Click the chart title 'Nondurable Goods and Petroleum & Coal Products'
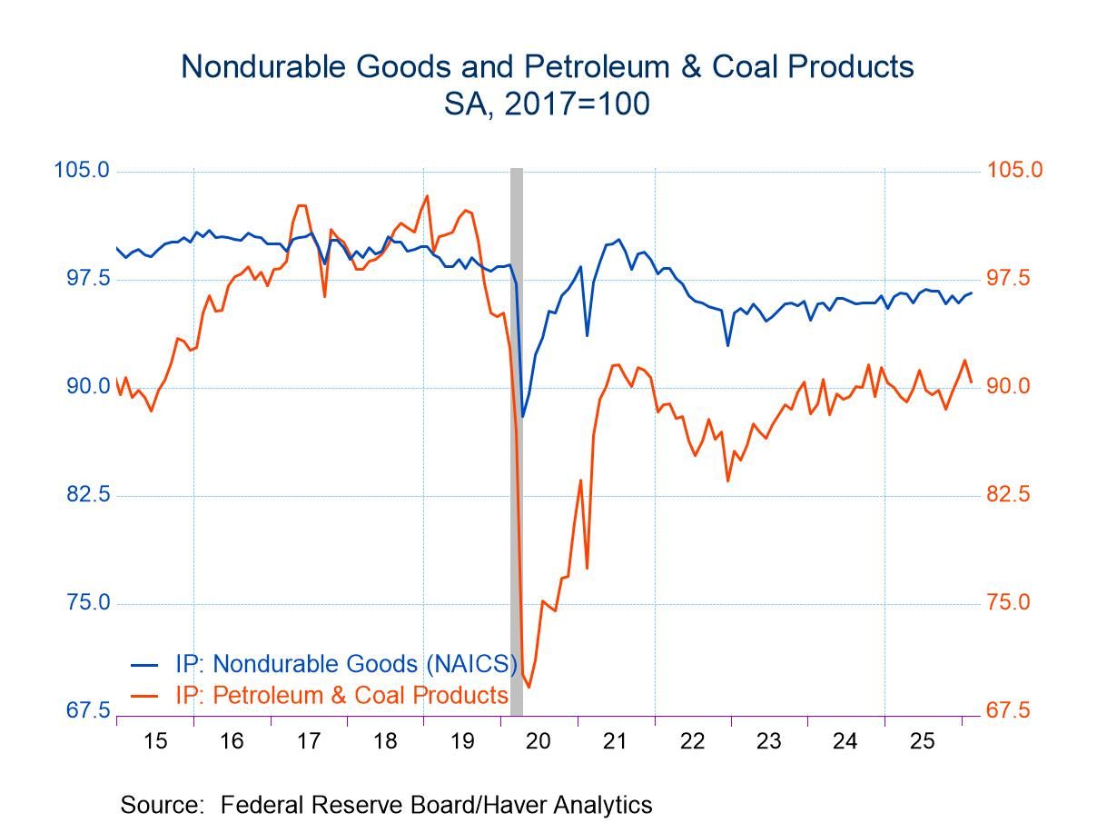[x=547, y=66]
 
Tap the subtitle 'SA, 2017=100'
[x=547, y=104]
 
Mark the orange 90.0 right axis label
[x=1009, y=387]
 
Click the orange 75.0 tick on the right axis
[x=1009, y=603]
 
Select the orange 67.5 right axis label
[x=1009, y=710]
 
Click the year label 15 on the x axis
[x=155, y=741]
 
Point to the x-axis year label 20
[x=539, y=741]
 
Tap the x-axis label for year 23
[x=769, y=741]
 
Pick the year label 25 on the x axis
[x=923, y=741]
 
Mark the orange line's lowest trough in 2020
[x=529, y=687]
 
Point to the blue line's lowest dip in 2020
[x=523, y=416]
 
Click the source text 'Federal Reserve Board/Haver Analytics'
[x=436, y=805]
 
